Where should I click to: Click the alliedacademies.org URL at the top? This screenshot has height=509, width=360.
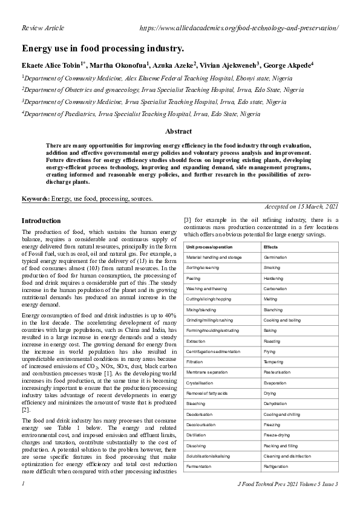[x=238, y=28]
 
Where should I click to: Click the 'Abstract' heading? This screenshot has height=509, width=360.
[x=178, y=131]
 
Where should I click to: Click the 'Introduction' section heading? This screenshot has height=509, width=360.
[x=41, y=221]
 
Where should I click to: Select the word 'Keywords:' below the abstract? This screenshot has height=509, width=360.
[x=36, y=198]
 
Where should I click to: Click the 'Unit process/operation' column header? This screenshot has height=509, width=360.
[x=209, y=247]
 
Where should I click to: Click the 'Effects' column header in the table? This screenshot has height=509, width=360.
[x=270, y=247]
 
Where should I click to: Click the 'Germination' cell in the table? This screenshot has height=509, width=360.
[x=275, y=258]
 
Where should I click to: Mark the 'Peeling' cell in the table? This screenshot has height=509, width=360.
[x=193, y=278]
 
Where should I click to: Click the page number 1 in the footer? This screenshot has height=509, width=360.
[x=23, y=484]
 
